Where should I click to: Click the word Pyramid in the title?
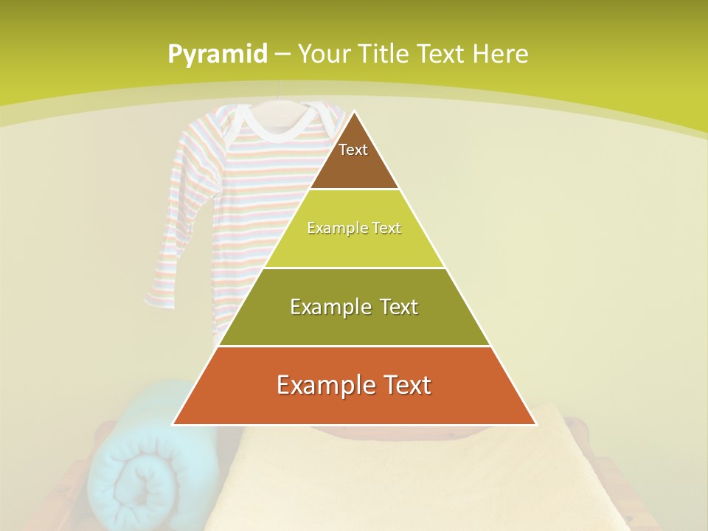point(218,55)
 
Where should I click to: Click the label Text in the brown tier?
point(353,150)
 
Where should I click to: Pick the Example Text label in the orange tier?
point(354,385)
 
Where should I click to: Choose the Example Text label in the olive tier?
point(354,307)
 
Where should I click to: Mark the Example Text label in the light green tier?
point(354,228)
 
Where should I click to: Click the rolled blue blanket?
point(140,472)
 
